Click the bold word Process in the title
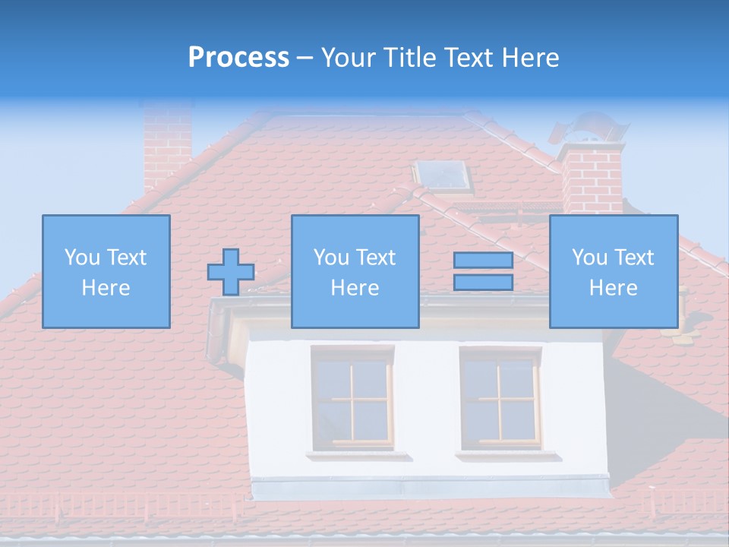[238, 58]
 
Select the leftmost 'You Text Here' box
[106, 272]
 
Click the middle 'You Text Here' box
[355, 272]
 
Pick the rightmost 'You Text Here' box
[613, 272]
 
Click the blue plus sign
[231, 272]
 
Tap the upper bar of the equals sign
[483, 261]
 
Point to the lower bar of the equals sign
[483, 283]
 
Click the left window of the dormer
[352, 397]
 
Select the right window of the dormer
[500, 397]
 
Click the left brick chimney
[167, 144]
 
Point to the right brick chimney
[592, 180]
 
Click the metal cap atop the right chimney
[589, 129]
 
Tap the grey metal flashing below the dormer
[431, 487]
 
